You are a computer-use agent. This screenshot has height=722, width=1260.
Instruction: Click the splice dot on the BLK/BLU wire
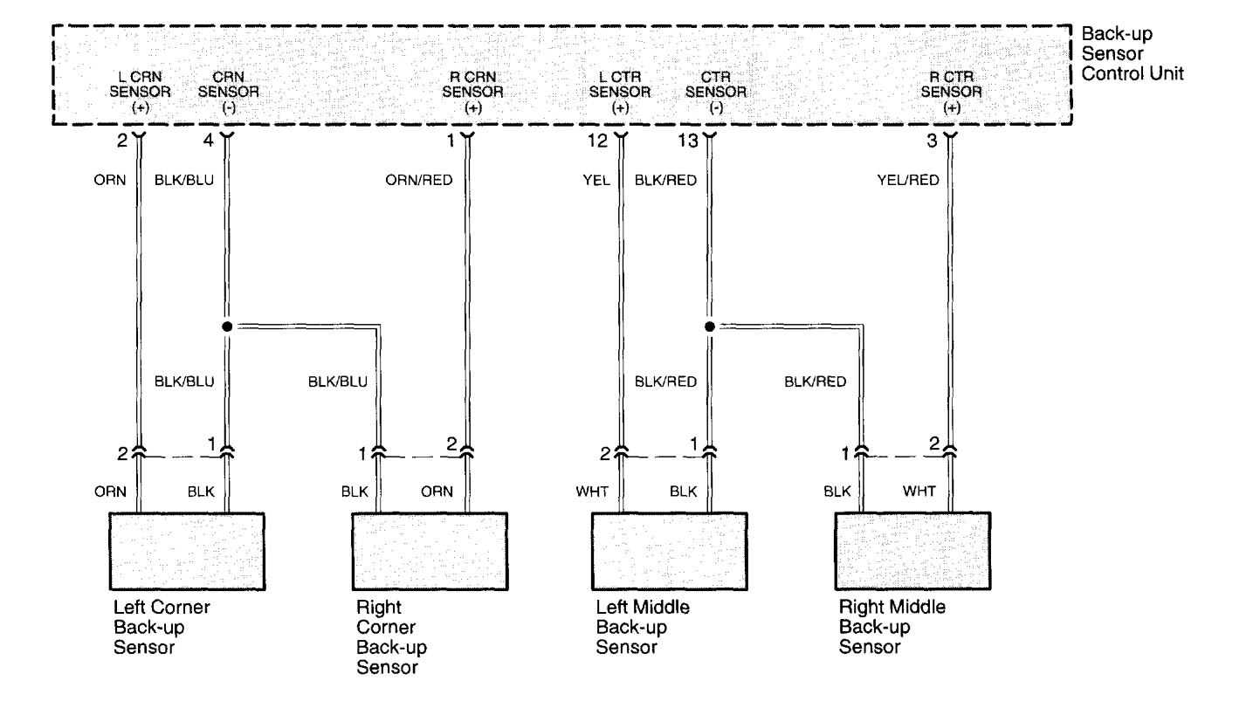click(227, 327)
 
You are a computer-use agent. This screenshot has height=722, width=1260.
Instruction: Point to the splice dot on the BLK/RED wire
click(709, 327)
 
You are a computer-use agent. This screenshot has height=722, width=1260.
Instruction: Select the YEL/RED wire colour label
click(908, 181)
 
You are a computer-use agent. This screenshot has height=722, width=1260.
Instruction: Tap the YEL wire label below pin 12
click(601, 181)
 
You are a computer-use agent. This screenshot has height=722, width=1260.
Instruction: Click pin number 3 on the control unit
click(933, 139)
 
